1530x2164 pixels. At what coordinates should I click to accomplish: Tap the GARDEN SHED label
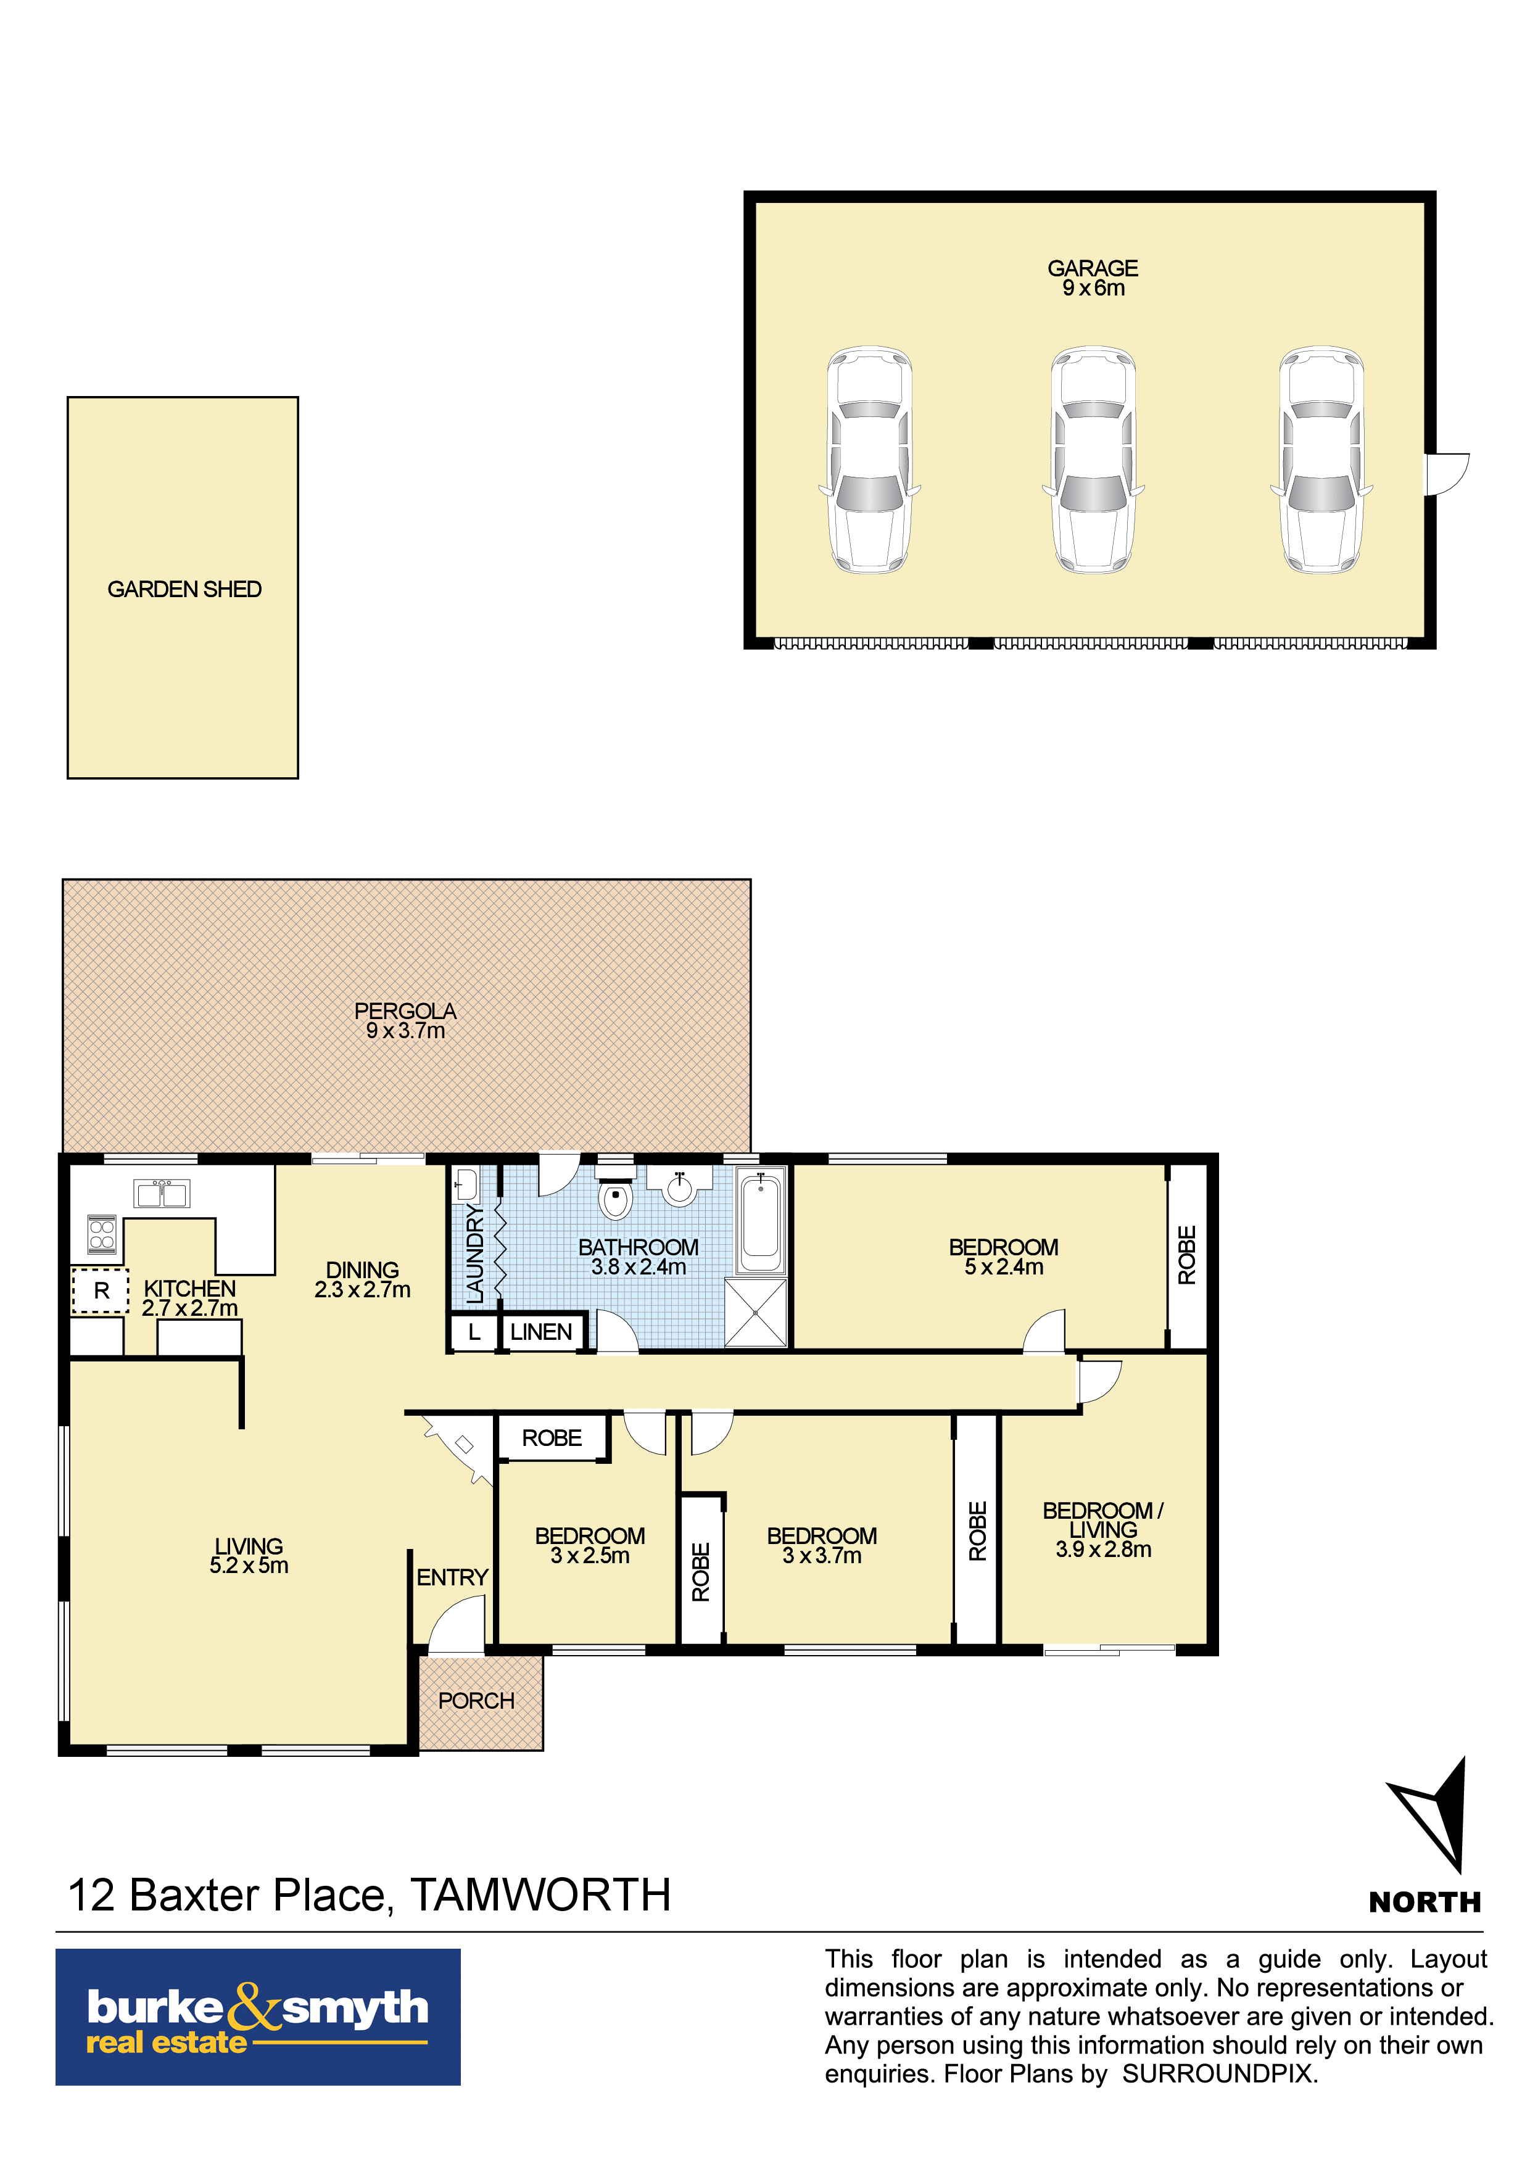pyautogui.click(x=184, y=589)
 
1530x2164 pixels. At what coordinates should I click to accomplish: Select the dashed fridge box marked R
pyautogui.click(x=101, y=1291)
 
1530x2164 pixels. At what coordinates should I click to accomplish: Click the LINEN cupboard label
pyautogui.click(x=541, y=1332)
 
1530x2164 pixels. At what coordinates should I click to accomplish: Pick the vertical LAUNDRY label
pyautogui.click(x=475, y=1253)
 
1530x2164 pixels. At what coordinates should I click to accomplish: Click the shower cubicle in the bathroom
pyautogui.click(x=755, y=1312)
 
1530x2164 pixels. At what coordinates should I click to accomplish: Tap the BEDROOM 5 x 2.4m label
pyautogui.click(x=1003, y=1257)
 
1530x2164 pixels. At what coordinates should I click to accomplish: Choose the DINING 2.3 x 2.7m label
pyautogui.click(x=362, y=1280)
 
